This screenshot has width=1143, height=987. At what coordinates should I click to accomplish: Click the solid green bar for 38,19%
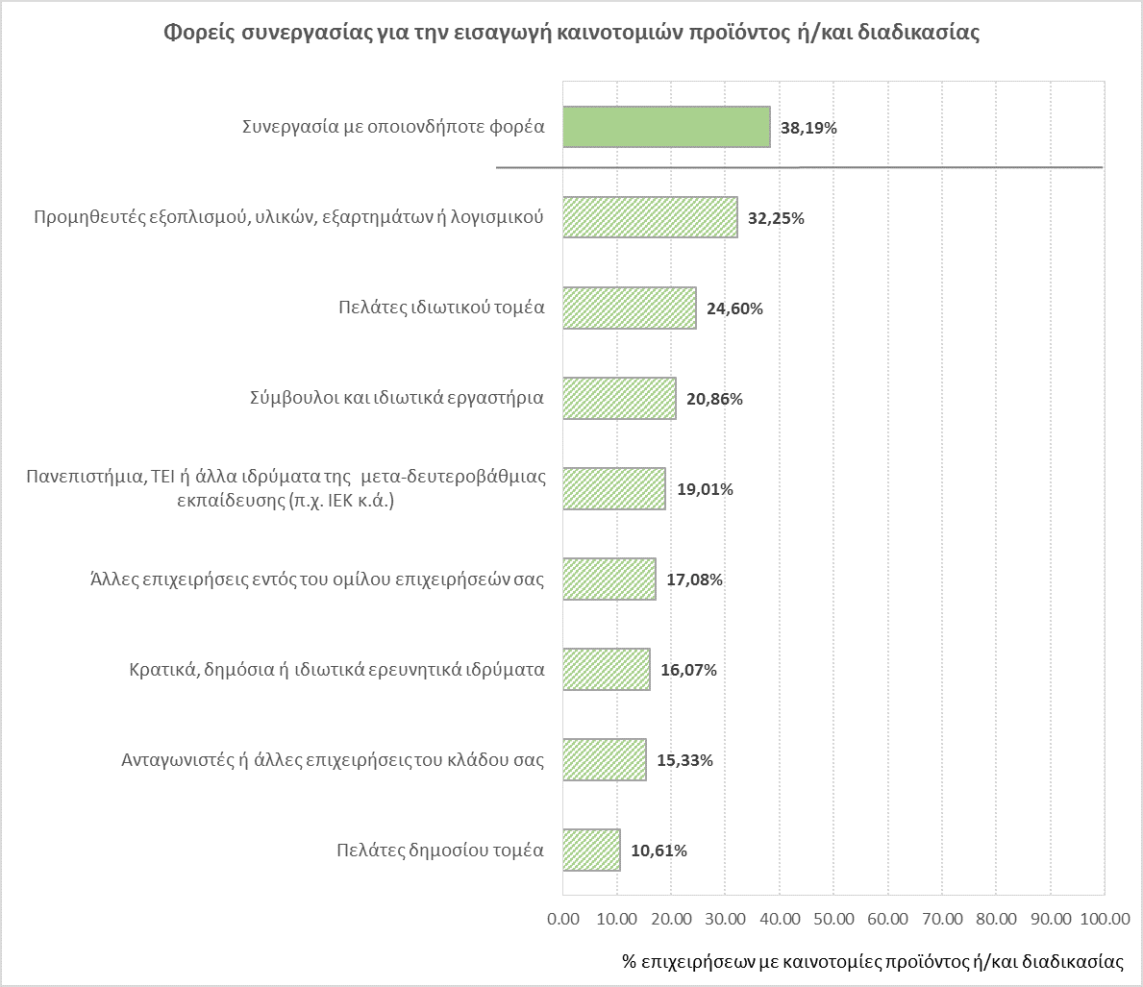[665, 127]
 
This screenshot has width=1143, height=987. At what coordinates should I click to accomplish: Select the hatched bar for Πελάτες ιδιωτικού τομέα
[629, 308]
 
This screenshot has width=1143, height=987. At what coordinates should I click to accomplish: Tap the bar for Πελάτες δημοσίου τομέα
[591, 851]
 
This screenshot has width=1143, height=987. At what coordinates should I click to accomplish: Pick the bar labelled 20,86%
[619, 399]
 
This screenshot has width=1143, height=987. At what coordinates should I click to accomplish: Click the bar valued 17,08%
[609, 580]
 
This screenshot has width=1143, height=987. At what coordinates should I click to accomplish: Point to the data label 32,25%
[775, 218]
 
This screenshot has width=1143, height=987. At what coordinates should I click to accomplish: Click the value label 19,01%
[705, 489]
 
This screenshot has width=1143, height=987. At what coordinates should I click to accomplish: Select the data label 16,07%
[688, 670]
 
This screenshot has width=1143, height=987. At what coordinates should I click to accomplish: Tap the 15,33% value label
[684, 760]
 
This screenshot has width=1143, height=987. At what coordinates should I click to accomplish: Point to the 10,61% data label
[658, 851]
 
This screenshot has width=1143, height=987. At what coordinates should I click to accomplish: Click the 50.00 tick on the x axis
[833, 919]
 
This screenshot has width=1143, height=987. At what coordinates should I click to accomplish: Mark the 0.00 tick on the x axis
[562, 919]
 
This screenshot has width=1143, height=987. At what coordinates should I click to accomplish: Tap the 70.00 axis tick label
[942, 919]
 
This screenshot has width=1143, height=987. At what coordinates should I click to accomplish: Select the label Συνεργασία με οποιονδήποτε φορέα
[392, 127]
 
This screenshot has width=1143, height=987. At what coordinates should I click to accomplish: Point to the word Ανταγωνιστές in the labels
[166, 760]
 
